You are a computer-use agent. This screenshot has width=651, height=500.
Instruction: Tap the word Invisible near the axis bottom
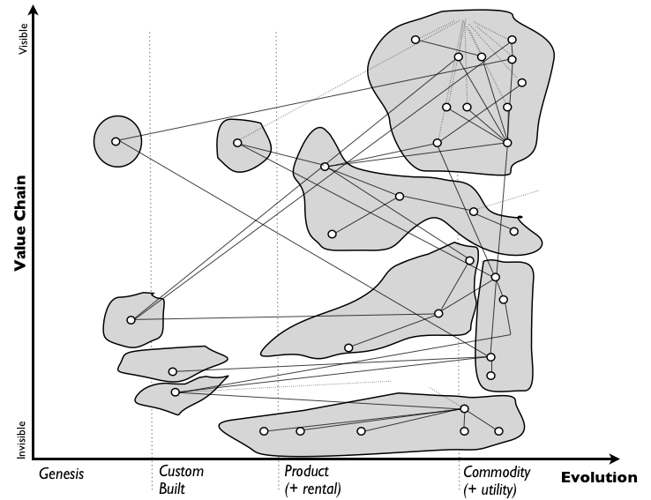(x=24, y=438)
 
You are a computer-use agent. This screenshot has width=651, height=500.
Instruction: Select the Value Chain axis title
(x=19, y=224)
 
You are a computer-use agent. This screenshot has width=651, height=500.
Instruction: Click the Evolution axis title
(x=598, y=478)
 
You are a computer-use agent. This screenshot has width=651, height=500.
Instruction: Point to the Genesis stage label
(x=62, y=474)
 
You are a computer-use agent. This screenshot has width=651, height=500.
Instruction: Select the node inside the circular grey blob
(x=116, y=141)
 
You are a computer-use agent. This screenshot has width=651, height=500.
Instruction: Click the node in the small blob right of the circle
(x=237, y=142)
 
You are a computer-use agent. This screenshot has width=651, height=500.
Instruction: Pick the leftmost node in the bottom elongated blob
(x=264, y=430)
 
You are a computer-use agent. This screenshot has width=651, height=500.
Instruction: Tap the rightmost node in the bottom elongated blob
(x=498, y=431)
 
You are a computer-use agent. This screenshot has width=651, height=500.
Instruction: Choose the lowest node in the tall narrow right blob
(x=490, y=376)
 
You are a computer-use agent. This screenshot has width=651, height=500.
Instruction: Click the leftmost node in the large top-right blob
(x=415, y=40)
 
